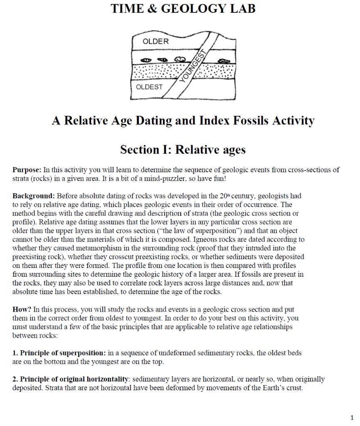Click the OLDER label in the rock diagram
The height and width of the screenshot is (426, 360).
tap(155, 42)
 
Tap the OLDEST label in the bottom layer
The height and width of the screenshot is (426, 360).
tap(149, 87)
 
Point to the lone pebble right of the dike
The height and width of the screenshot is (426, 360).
tap(224, 61)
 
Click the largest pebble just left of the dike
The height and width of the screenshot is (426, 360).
tap(180, 59)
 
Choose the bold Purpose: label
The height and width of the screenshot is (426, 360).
tap(27, 170)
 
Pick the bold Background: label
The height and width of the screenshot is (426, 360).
tap(34, 196)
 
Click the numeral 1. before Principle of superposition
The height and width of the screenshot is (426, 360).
tap(15, 353)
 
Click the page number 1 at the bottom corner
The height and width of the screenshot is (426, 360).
tap(351, 417)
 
